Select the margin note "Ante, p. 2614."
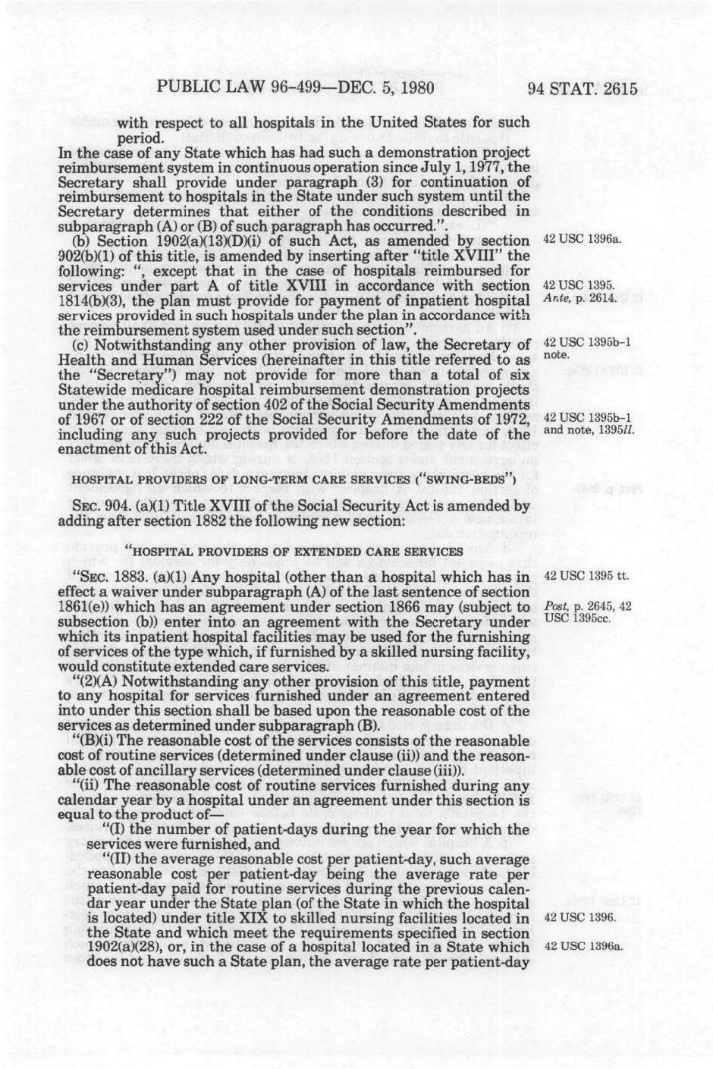pos(580,298)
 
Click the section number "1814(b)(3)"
pos(93,300)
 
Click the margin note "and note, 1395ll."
pos(589,430)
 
